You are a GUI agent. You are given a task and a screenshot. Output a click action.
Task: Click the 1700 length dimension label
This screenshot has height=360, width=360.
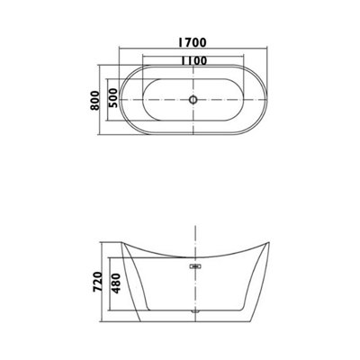pyautogui.click(x=193, y=40)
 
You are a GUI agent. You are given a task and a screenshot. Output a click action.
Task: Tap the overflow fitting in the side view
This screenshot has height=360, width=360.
pyautogui.click(x=194, y=265)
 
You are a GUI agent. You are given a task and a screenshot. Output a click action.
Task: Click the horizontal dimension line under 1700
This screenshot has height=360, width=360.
pyautogui.click(x=193, y=50)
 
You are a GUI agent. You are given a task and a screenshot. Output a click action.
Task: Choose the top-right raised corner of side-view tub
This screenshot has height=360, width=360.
pyautogui.click(x=271, y=240)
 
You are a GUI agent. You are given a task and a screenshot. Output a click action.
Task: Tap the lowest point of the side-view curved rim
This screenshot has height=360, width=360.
pyautogui.click(x=194, y=258)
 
